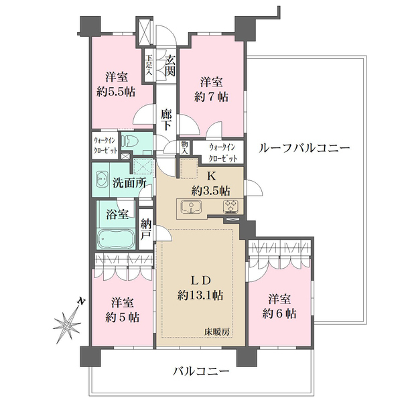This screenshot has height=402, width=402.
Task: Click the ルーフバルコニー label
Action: tap(304, 148)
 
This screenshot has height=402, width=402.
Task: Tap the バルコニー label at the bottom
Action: tap(201, 371)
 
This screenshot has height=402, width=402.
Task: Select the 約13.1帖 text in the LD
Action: tap(200, 295)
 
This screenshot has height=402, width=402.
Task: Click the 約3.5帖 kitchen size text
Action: tap(211, 190)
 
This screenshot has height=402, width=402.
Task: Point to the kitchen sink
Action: tap(191, 206)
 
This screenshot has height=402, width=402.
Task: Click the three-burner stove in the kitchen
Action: tap(231, 206)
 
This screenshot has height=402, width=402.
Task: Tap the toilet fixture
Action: tap(131, 141)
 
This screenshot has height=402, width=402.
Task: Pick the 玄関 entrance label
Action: tap(170, 66)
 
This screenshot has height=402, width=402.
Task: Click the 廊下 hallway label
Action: tap(166, 120)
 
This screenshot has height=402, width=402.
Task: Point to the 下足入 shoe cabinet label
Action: tap(149, 65)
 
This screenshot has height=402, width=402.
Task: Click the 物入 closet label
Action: tap(184, 147)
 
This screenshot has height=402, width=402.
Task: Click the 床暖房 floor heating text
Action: tap(217, 332)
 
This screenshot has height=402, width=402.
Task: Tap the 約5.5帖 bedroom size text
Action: tap(116, 92)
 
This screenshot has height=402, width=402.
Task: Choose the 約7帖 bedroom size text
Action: tap(211, 97)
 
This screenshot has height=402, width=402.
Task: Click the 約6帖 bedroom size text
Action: tap(279, 314)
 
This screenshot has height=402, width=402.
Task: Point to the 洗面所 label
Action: tap(129, 183)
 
